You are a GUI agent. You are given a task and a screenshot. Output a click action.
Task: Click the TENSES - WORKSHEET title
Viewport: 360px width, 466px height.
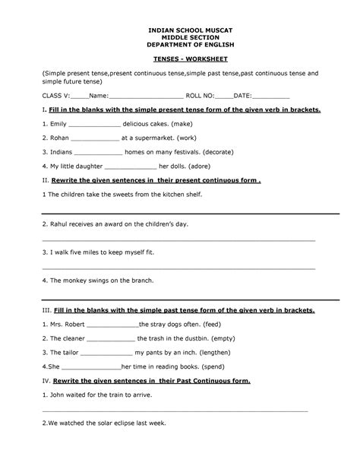[x=179, y=57]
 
